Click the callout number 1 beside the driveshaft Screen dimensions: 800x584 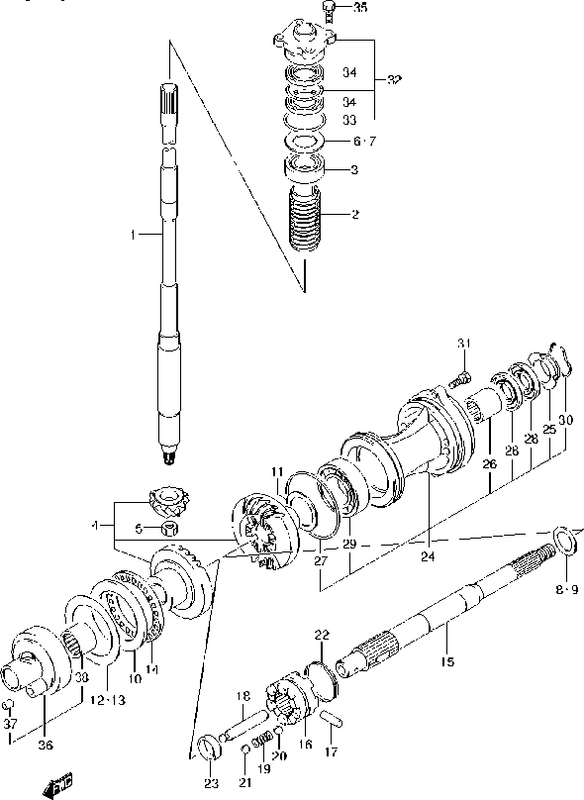tap(132, 235)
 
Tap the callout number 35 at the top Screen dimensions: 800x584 tap(359, 9)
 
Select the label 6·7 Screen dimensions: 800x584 tap(364, 142)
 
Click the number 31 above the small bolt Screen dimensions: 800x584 tap(462, 344)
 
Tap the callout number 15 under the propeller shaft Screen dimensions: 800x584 tap(446, 661)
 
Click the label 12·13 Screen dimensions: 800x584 tap(103, 700)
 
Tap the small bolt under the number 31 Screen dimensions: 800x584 tap(457, 377)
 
